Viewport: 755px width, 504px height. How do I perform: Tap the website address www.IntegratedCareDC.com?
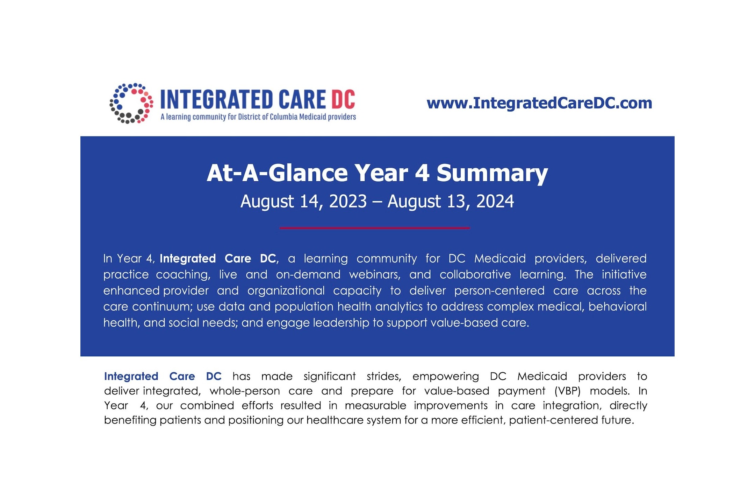pyautogui.click(x=539, y=103)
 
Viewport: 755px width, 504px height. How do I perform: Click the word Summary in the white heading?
pyautogui.click(x=492, y=173)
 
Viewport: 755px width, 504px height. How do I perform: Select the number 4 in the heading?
pyautogui.click(x=422, y=173)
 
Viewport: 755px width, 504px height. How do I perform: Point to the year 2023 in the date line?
pyautogui.click(x=348, y=202)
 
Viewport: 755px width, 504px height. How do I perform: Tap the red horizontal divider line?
pyautogui.click(x=374, y=228)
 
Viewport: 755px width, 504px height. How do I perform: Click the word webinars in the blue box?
pyautogui.click(x=374, y=275)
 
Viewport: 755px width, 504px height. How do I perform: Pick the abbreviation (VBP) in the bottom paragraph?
pyautogui.click(x=567, y=391)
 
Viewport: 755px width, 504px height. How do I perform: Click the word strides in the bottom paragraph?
pyautogui.click(x=383, y=377)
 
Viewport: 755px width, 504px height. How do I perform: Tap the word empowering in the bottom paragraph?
pyautogui.click(x=446, y=377)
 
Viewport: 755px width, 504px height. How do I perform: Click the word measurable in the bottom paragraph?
pyautogui.click(x=375, y=406)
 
